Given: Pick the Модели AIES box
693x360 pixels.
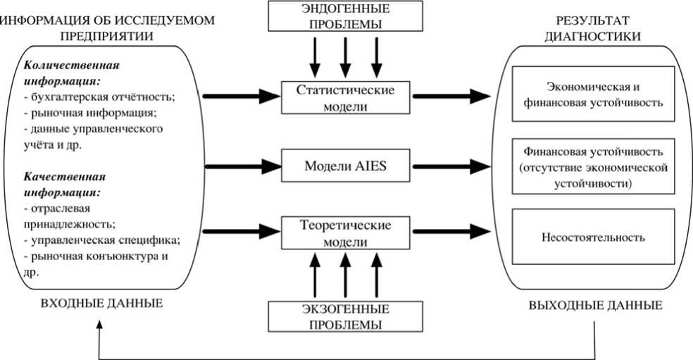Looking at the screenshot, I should coord(344,166).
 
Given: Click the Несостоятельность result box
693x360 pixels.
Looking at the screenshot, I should coord(593,237).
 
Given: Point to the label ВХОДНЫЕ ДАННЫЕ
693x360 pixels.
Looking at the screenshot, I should coord(102,304).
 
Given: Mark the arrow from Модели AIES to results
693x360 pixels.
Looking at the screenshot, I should coord(451,166).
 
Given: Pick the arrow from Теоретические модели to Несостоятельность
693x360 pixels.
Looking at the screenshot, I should coord(451,230).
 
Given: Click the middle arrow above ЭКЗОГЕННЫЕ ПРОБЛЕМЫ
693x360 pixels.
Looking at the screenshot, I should coord(344,275).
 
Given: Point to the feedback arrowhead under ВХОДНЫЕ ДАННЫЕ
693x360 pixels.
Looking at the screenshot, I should coord(101,324).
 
